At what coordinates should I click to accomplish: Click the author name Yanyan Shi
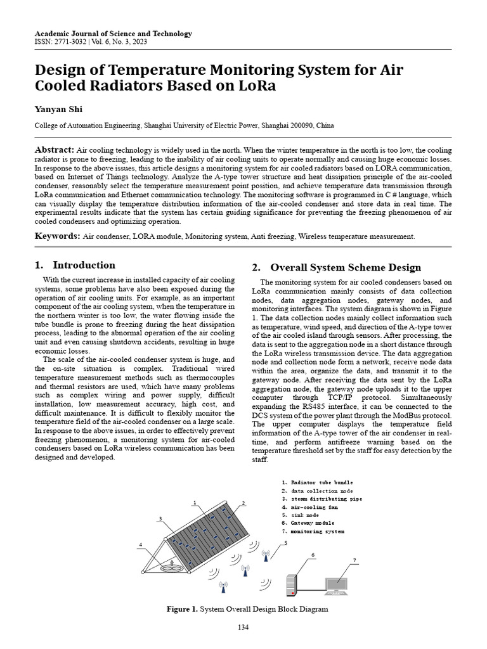click(58, 109)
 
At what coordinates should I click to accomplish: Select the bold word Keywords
click(57, 236)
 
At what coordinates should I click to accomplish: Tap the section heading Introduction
click(84, 265)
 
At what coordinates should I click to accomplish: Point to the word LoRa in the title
click(256, 86)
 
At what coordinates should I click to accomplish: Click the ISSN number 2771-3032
click(69, 42)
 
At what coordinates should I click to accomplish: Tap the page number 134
click(243, 627)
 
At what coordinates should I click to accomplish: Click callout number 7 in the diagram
click(354, 560)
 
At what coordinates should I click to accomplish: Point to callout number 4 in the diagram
click(141, 544)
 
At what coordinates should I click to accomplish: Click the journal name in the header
click(113, 34)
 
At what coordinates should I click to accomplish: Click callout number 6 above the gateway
click(313, 555)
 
